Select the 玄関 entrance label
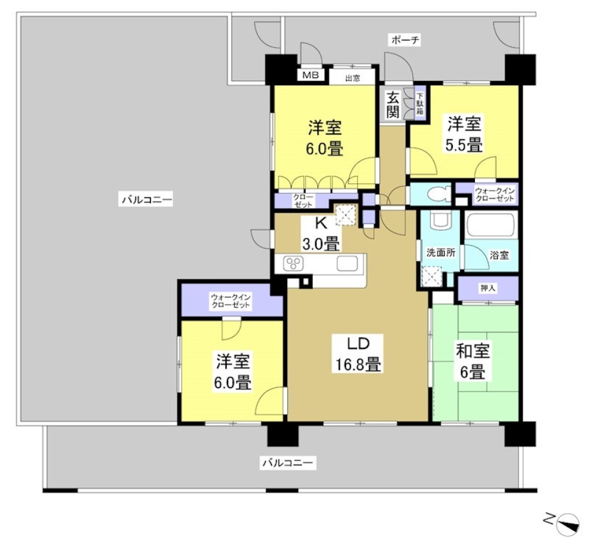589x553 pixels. pos(393,104)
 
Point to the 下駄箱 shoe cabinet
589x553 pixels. pos(420,104)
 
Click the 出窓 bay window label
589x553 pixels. pos(352,78)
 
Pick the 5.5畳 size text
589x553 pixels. pos(464,146)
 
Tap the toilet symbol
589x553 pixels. pos(437,194)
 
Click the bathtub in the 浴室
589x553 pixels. pos(491,225)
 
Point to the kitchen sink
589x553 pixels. pos(350,264)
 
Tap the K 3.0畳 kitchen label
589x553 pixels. pos(321,234)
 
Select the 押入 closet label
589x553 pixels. pos(488,288)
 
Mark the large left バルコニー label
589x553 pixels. pos(147,199)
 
